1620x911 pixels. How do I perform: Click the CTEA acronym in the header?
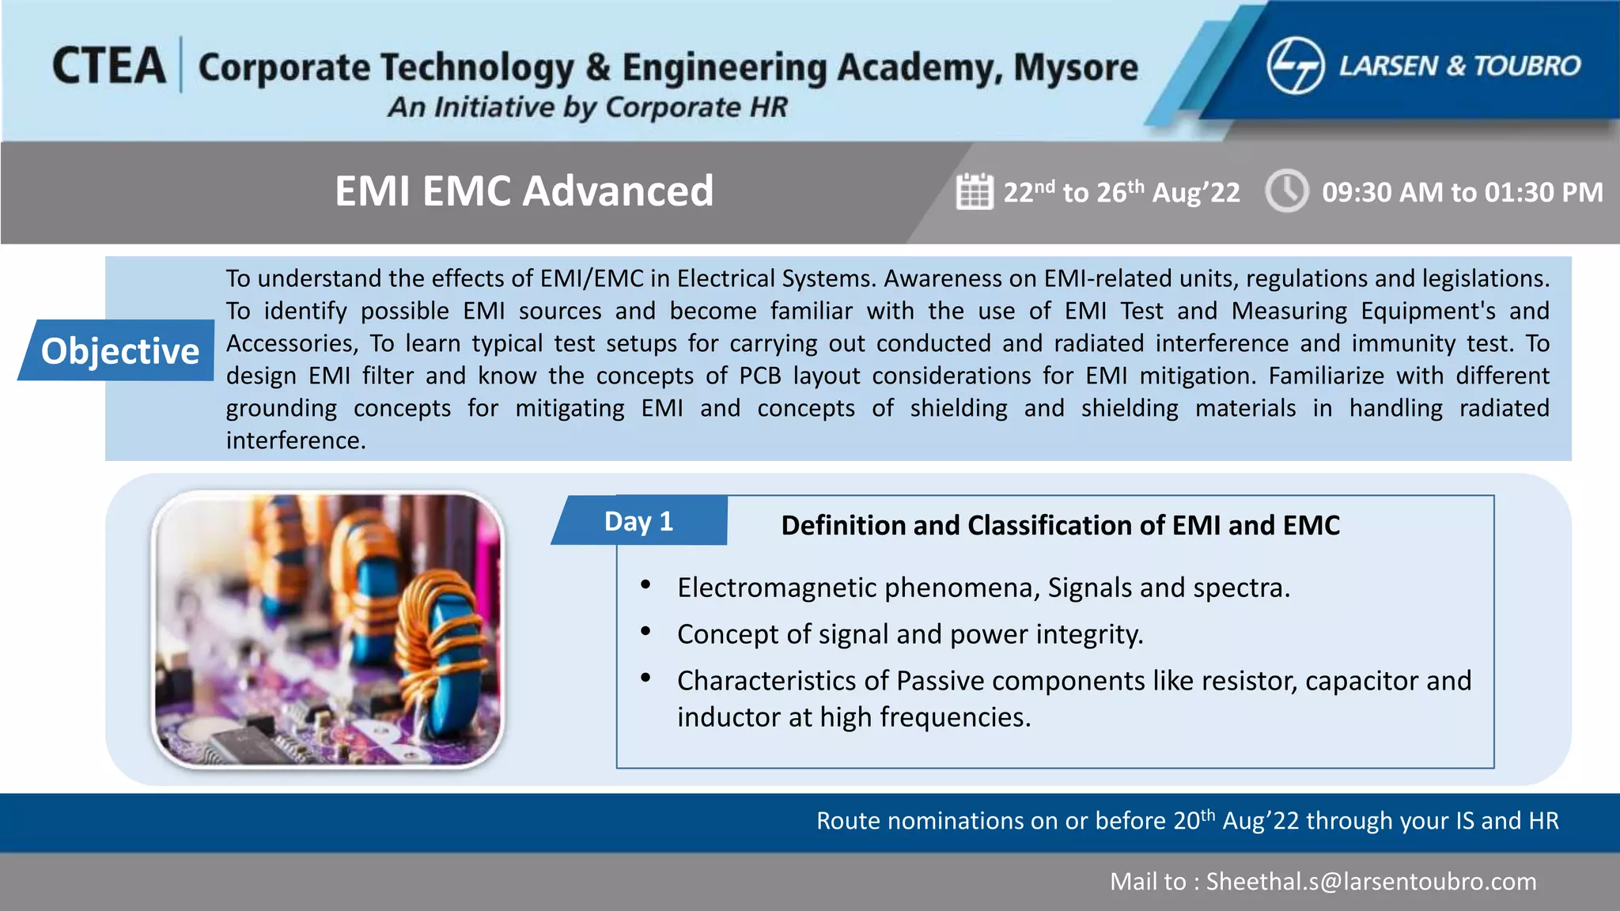pyautogui.click(x=109, y=66)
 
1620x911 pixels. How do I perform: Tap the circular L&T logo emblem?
pyautogui.click(x=1295, y=66)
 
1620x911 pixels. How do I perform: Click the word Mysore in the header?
pyautogui.click(x=1076, y=68)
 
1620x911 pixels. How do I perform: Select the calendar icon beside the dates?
pyautogui.click(x=974, y=191)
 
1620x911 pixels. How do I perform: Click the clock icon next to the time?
pyautogui.click(x=1287, y=191)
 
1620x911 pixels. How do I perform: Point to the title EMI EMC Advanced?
pyautogui.click(x=524, y=191)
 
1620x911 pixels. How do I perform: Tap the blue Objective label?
pyautogui.click(x=119, y=350)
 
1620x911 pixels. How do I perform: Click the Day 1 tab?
pyautogui.click(x=638, y=521)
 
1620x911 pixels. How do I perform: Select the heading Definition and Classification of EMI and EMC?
pyautogui.click(x=1060, y=525)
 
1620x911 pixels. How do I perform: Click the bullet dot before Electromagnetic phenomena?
pyautogui.click(x=645, y=584)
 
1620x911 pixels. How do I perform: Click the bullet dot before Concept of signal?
pyautogui.click(x=645, y=631)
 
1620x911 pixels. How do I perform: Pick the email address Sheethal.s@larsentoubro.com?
pyautogui.click(x=1371, y=881)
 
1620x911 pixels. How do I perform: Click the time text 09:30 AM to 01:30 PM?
pyautogui.click(x=1462, y=192)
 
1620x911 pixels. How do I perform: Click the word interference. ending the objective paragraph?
pyautogui.click(x=296, y=440)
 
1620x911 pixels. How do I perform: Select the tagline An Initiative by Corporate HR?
pyautogui.click(x=587, y=107)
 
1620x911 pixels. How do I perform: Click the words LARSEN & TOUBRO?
pyautogui.click(x=1459, y=66)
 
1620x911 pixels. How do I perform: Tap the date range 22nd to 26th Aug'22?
pyautogui.click(x=1121, y=192)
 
